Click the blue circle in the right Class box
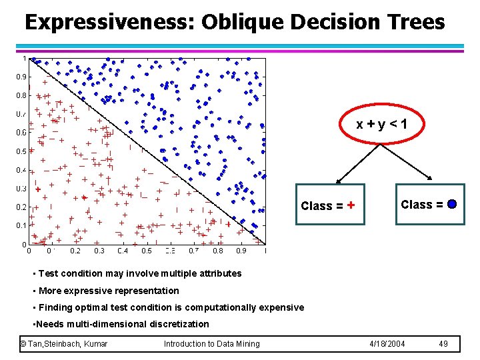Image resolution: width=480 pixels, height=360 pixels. pos(452,205)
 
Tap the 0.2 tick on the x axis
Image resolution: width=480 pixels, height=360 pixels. pos(75,251)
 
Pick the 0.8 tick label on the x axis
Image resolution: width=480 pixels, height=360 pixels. pos(217,251)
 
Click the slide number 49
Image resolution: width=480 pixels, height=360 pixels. pos(444,344)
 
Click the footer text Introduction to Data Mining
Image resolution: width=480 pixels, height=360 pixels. pos(211,344)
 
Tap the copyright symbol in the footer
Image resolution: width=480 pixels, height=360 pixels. pos(23,344)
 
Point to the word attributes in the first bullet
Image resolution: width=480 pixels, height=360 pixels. pos(219,273)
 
